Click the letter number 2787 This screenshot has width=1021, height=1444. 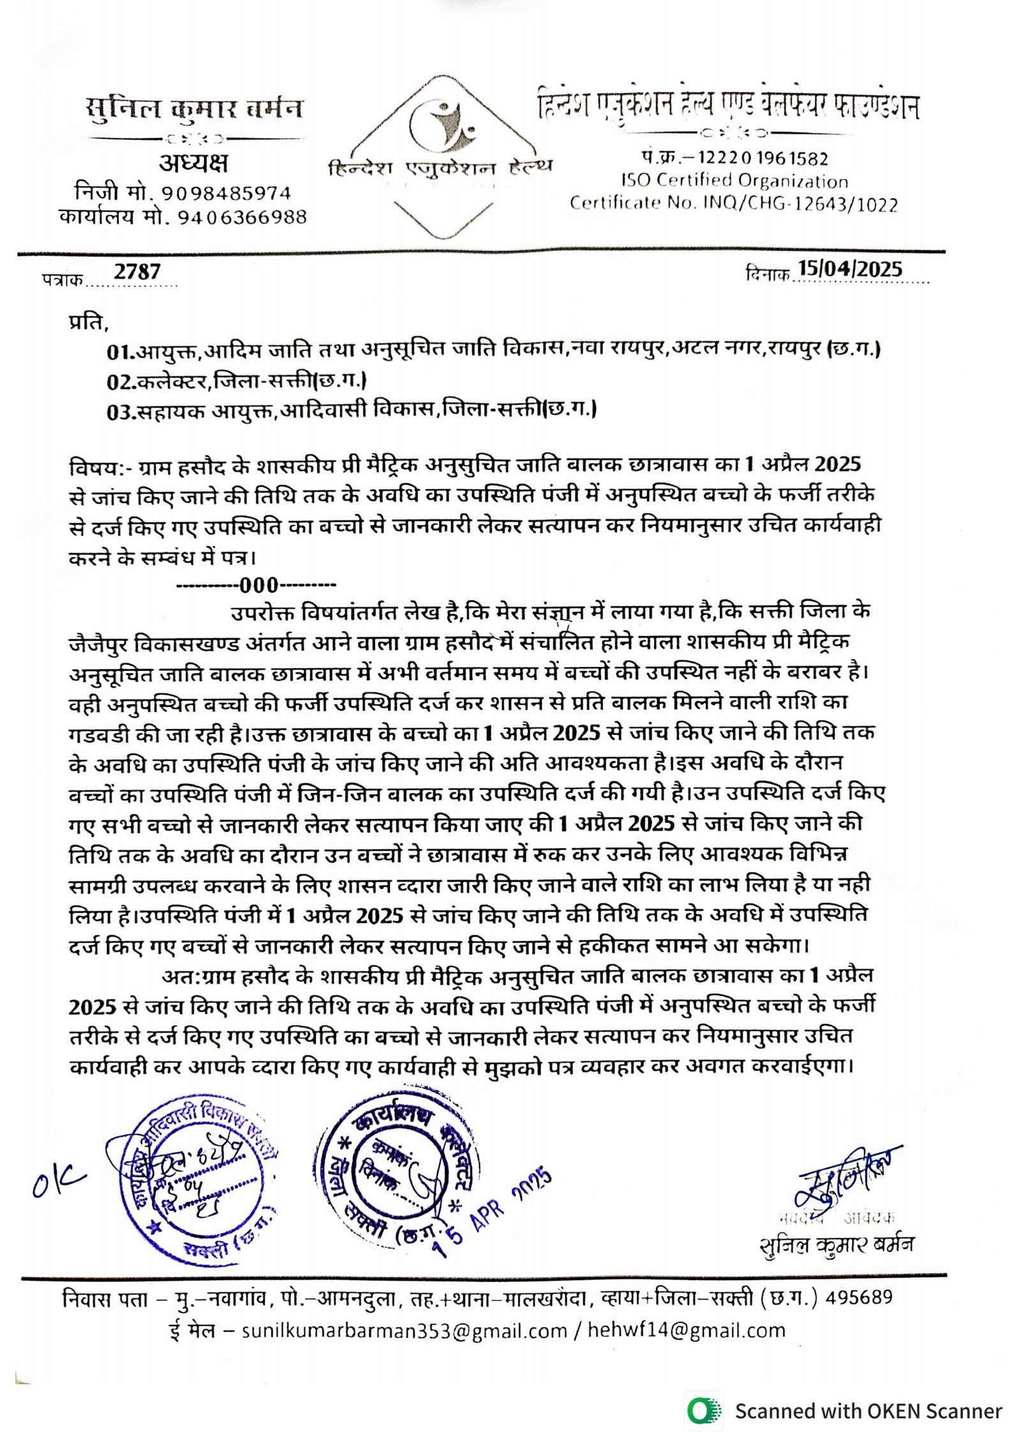pos(137,272)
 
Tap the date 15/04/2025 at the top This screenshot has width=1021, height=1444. pos(850,269)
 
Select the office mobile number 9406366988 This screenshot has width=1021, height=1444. pos(242,217)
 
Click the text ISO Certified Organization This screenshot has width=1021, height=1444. pos(734,181)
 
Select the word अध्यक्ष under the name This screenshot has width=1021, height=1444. pos(193,164)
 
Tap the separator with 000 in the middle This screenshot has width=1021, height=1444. pos(256,585)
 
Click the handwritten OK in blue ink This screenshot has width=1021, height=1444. pos(59,1186)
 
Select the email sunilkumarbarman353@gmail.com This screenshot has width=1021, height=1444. pos(404,1330)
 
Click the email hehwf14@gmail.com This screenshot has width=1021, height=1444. pos(686,1330)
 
